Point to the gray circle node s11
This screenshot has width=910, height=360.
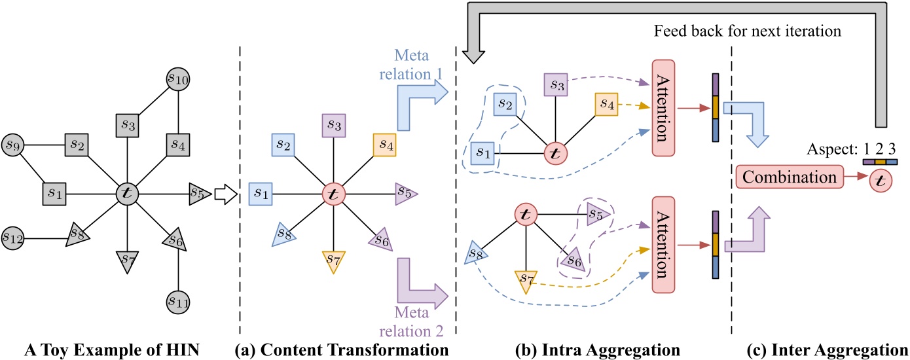(178, 301)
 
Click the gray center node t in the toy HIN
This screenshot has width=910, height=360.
(126, 193)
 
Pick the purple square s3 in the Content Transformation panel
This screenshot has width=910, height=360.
(334, 125)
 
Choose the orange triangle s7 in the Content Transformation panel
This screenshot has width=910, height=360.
(334, 262)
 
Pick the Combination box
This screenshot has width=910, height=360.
(787, 177)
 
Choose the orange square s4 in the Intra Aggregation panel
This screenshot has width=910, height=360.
(606, 104)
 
